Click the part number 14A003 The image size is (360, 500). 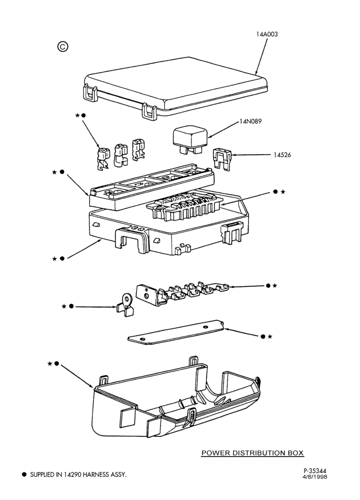[267, 34]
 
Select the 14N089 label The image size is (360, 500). [250, 121]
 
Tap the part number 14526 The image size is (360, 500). [282, 155]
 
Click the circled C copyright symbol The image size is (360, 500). [63, 47]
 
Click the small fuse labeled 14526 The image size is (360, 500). [221, 159]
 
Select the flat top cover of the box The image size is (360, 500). [175, 87]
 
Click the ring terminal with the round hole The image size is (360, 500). [125, 304]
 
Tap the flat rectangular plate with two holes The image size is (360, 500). [176, 332]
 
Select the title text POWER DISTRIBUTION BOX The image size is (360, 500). [252, 453]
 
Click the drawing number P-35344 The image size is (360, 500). [315, 470]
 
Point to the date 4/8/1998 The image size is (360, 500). [315, 477]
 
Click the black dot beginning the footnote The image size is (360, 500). [24, 474]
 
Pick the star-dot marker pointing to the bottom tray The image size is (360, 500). [53, 363]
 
